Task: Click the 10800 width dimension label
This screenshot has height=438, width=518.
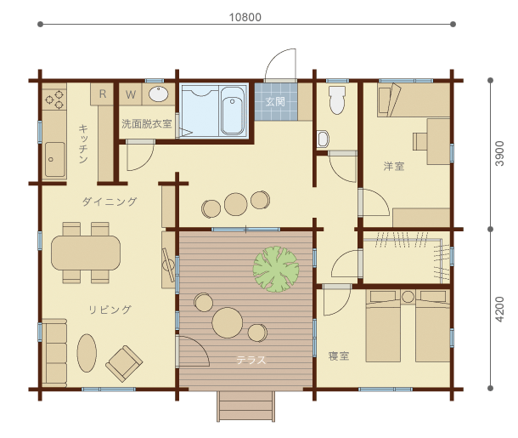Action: (245, 17)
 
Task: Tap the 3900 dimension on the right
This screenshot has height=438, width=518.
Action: (500, 153)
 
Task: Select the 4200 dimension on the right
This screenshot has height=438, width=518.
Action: (500, 310)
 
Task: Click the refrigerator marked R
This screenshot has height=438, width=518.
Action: (103, 94)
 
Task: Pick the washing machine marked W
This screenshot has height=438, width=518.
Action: (131, 94)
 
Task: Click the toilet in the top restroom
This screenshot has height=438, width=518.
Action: (337, 100)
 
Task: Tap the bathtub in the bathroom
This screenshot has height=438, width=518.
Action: (233, 111)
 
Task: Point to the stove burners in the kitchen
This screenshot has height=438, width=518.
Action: (54, 100)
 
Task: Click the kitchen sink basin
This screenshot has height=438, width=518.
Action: (55, 159)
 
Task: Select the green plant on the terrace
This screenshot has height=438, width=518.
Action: (276, 269)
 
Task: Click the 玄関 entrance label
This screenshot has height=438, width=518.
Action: (275, 101)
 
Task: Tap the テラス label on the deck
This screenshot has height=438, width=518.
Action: (251, 360)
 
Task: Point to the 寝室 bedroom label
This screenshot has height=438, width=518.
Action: (339, 356)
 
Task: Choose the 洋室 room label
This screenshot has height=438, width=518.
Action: (394, 166)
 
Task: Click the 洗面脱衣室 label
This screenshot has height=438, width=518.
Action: (147, 124)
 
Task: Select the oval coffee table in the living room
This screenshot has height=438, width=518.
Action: (87, 353)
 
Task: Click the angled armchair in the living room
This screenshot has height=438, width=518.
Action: (124, 363)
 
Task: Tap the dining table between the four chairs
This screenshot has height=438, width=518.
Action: (86, 253)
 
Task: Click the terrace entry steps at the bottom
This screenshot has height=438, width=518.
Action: (245, 407)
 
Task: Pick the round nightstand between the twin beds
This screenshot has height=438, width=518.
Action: (408, 297)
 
